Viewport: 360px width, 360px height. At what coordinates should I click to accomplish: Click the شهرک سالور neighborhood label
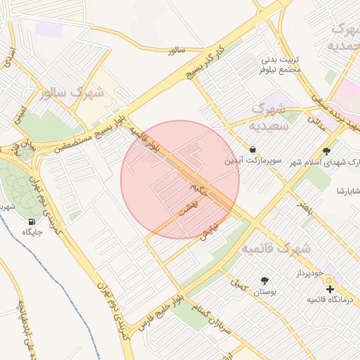point(72,93)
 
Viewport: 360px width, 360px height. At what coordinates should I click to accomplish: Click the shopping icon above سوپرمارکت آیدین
point(252,149)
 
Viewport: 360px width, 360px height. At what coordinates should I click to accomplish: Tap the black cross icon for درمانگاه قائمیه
point(330,289)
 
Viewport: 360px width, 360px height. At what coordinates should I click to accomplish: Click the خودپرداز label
point(308,271)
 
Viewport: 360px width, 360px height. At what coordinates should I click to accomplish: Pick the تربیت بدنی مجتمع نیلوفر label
point(280,65)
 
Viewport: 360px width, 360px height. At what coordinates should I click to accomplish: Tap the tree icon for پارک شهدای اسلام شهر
point(326,150)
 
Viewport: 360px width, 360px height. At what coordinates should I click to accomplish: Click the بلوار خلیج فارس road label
point(160,312)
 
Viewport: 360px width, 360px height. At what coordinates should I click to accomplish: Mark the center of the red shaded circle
point(180,179)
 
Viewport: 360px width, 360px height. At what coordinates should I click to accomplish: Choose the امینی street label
point(22,117)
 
